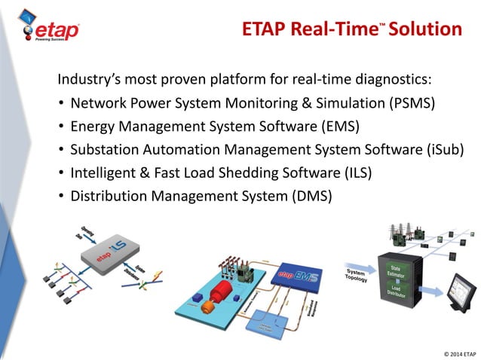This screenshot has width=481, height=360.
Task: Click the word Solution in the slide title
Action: click(427, 29)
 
